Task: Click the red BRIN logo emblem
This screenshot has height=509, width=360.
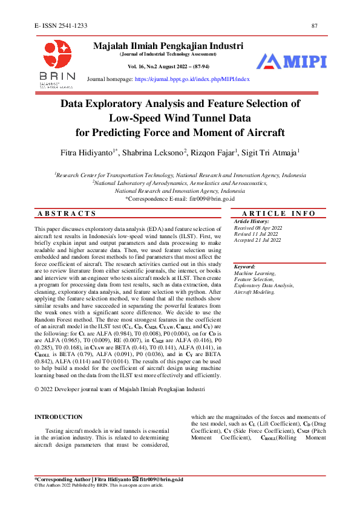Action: pyautogui.click(x=57, y=54)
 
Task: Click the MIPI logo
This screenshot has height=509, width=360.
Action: pyautogui.click(x=292, y=61)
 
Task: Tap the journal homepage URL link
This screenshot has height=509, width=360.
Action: pyautogui.click(x=192, y=79)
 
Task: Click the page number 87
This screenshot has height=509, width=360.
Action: pyautogui.click(x=315, y=25)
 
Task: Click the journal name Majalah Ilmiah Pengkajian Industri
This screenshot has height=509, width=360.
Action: pyautogui.click(x=168, y=45)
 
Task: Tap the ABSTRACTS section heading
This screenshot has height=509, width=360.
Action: pyautogui.click(x=67, y=213)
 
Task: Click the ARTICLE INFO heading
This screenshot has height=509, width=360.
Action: pyautogui.click(x=278, y=213)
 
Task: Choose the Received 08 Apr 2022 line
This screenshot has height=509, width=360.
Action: pyautogui.click(x=258, y=228)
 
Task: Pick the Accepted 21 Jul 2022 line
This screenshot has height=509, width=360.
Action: pyautogui.click(x=258, y=240)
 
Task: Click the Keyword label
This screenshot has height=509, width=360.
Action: pyautogui.click(x=244, y=267)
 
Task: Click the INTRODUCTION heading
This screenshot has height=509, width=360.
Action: pyautogui.click(x=58, y=417)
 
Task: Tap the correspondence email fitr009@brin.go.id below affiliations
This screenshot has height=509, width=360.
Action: pyautogui.click(x=212, y=198)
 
